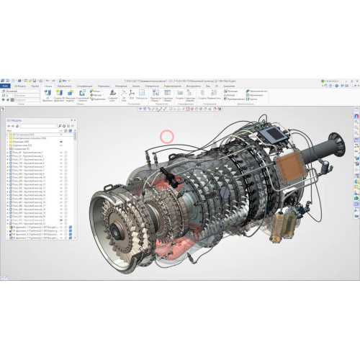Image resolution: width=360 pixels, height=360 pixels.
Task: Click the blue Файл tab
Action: (6, 86)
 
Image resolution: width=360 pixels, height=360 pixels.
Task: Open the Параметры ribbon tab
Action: (104, 86)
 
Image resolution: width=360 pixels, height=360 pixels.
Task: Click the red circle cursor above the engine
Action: (167, 135)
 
